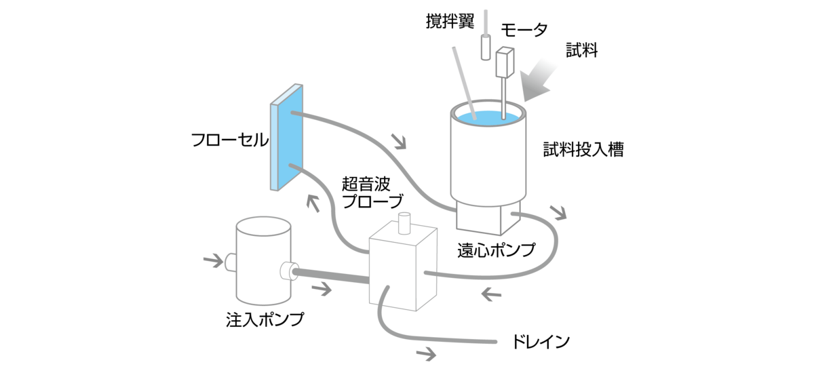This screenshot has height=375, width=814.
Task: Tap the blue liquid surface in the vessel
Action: pos(490,116)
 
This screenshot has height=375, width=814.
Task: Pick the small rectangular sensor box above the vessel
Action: pos(505,62)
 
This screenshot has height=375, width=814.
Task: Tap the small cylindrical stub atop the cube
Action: pos(405,222)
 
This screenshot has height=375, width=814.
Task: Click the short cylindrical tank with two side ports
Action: pos(263,261)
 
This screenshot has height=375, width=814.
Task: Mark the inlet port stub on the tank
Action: pos(229,260)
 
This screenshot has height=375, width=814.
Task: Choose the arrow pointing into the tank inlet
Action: pos(212,259)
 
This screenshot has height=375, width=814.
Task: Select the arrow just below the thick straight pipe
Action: pos(322,289)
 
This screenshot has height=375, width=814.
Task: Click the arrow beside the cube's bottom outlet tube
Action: pos(427,353)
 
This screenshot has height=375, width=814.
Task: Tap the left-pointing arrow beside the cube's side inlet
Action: pos(490,294)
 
